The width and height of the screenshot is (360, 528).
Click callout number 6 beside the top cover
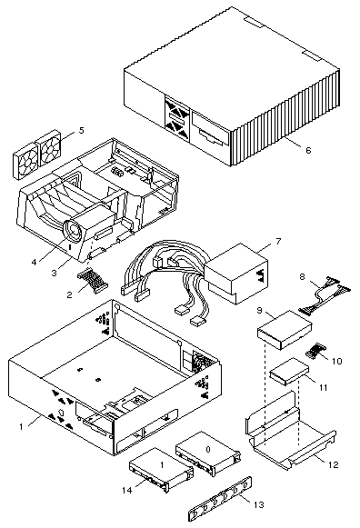pyautogui.click(x=308, y=150)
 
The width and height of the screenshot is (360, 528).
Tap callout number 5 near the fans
pyautogui.click(x=82, y=130)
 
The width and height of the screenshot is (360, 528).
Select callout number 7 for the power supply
pyautogui.click(x=278, y=241)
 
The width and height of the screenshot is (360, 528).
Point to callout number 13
pyautogui.click(x=258, y=504)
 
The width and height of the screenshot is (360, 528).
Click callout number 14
pyautogui.click(x=127, y=491)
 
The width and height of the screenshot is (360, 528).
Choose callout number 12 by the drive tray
pyautogui.click(x=333, y=464)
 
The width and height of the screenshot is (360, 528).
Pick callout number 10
pyautogui.click(x=336, y=361)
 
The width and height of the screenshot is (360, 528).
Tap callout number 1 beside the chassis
pyautogui.click(x=21, y=426)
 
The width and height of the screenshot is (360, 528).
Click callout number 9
pyautogui.click(x=260, y=310)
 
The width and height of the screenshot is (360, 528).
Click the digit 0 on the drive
pyautogui.click(x=208, y=449)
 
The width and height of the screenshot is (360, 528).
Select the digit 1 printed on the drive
pyautogui.click(x=162, y=464)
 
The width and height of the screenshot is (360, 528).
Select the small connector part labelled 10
pyautogui.click(x=314, y=352)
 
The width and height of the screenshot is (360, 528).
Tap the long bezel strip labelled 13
pyautogui.click(x=220, y=498)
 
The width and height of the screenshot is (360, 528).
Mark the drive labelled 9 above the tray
pyautogui.click(x=285, y=330)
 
